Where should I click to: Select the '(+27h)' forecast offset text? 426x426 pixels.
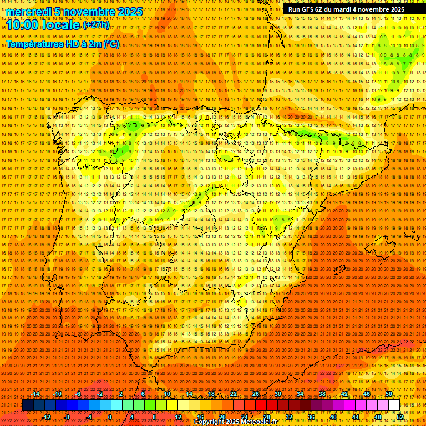(x=96, y=25)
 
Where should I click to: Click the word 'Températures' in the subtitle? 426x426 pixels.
(x=35, y=44)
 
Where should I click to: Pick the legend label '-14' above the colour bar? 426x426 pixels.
(x=35, y=394)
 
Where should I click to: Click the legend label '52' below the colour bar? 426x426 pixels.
(x=400, y=417)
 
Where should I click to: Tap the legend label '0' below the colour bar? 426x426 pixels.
(x=110, y=417)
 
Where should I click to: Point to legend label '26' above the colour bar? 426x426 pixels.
(x=256, y=394)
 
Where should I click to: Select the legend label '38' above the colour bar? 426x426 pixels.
(x=322, y=394)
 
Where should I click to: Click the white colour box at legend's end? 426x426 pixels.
(x=394, y=405)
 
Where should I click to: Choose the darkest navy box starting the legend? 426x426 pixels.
(x=28, y=405)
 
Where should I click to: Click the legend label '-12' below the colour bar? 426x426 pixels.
(x=47, y=417)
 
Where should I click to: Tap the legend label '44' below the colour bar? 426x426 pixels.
(x=356, y=417)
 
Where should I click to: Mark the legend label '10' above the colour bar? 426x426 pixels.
(x=167, y=394)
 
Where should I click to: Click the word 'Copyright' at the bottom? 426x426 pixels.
(x=210, y=422)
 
